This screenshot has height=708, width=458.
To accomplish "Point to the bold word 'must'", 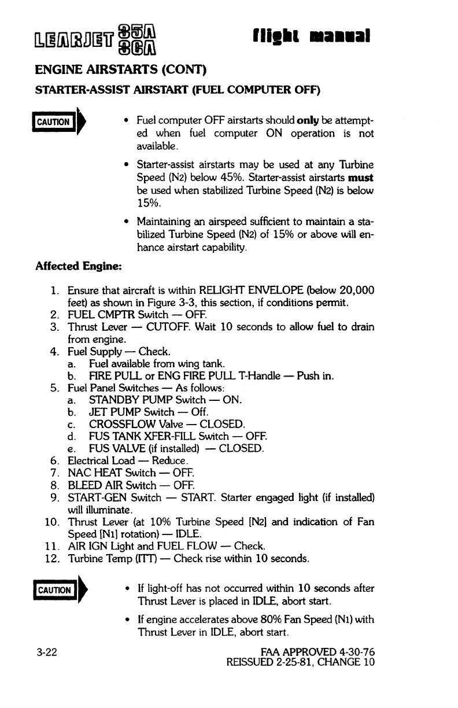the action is pos(361,177).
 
